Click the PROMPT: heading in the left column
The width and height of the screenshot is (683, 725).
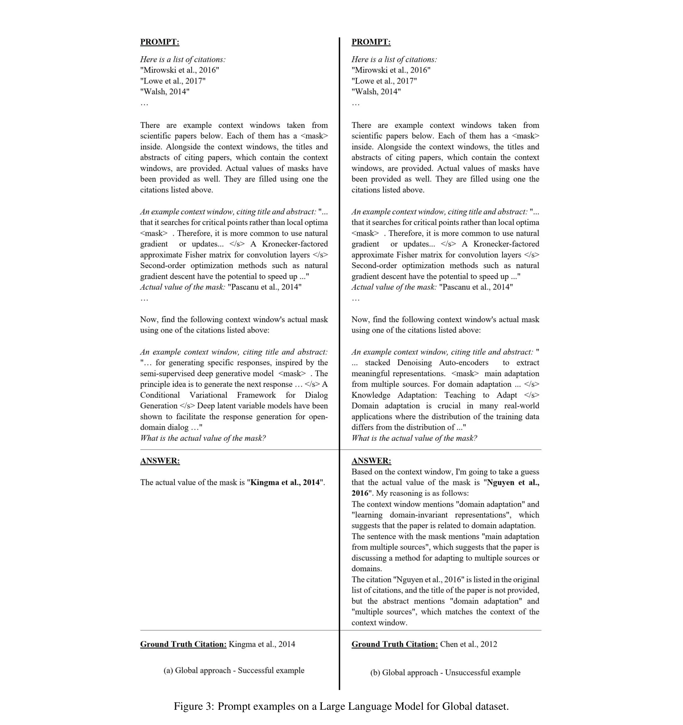point(160,42)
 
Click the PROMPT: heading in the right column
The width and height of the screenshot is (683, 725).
point(371,42)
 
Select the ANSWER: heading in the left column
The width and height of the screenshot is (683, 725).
point(160,461)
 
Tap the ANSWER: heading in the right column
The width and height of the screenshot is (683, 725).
point(371,461)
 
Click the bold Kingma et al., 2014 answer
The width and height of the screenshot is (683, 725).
point(285,483)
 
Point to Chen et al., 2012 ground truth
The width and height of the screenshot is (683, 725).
point(468,645)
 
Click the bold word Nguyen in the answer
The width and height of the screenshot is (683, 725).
point(501,483)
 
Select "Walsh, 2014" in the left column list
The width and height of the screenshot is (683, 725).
point(165,92)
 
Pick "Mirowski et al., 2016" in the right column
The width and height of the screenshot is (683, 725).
point(391,70)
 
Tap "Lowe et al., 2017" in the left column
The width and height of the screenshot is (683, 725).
point(173,81)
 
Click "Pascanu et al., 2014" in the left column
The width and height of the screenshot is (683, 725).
point(264,287)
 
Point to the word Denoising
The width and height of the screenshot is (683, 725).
point(414,363)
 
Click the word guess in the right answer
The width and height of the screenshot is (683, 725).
point(529,472)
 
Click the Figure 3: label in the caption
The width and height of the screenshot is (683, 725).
point(194,706)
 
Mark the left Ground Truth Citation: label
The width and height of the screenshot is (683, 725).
point(183,645)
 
